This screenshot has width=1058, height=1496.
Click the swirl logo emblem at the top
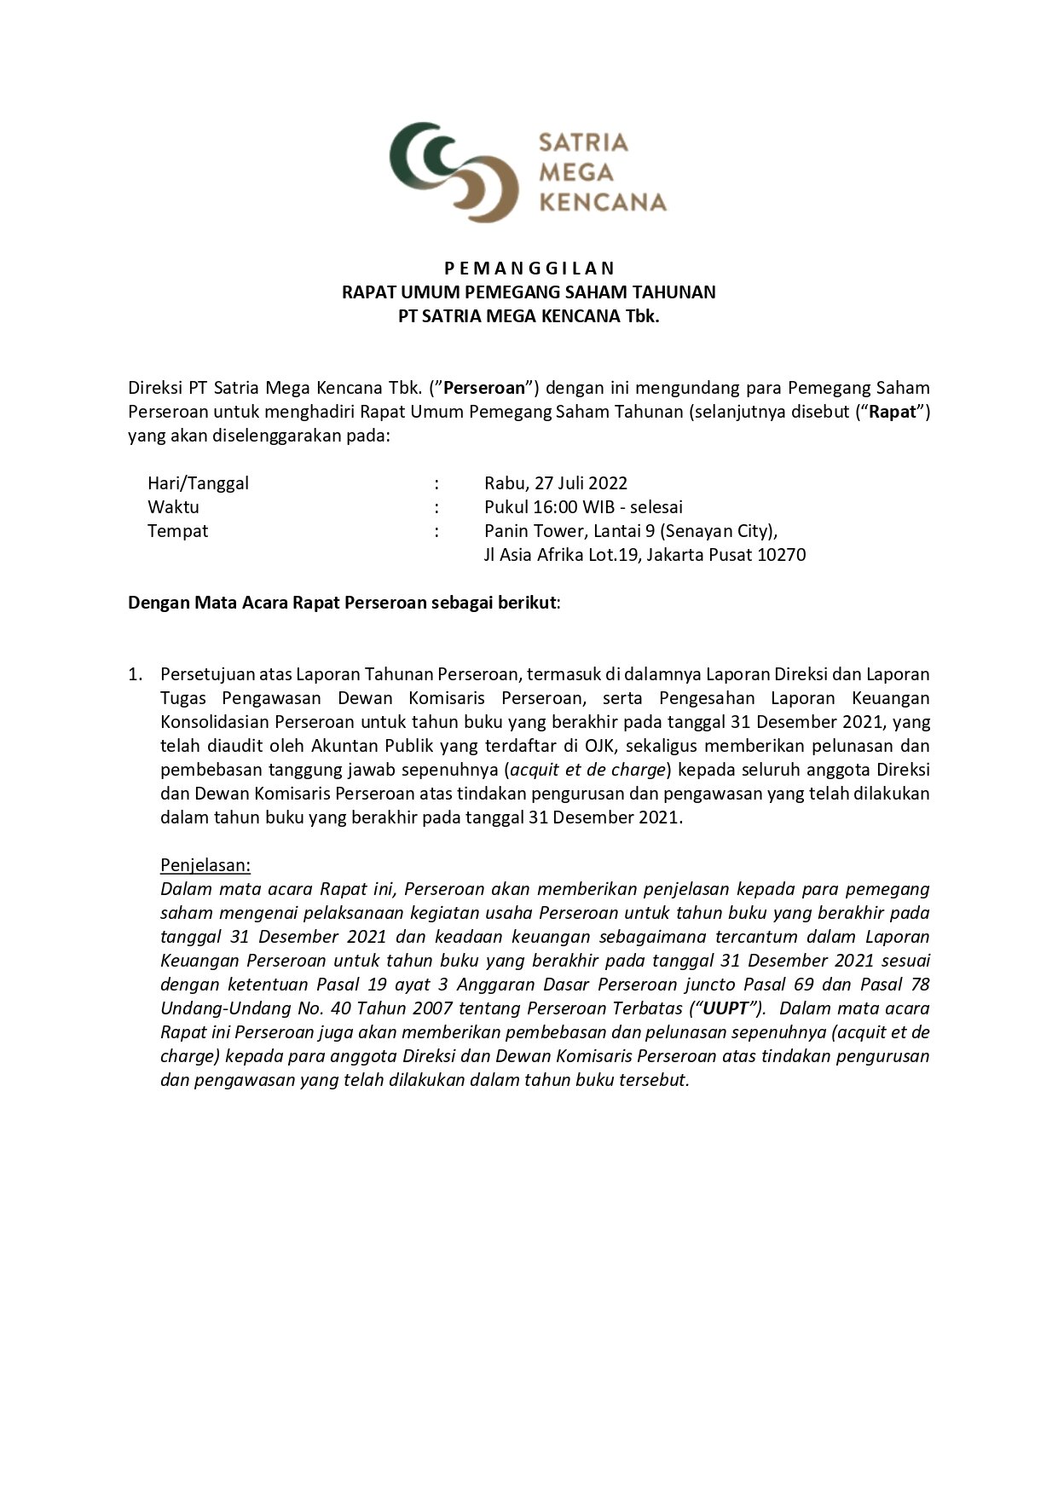click(x=454, y=171)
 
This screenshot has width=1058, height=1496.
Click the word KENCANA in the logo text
click(x=604, y=202)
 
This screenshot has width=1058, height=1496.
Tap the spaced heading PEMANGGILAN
click(x=529, y=269)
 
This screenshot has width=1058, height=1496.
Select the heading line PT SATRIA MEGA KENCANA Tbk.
click(x=529, y=316)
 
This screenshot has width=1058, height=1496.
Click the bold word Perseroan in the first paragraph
click(x=485, y=388)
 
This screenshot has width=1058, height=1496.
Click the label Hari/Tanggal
click(x=198, y=483)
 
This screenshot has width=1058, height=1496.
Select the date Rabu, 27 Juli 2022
click(x=556, y=483)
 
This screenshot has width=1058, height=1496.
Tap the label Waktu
click(x=173, y=507)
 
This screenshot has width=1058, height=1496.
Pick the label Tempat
click(x=177, y=531)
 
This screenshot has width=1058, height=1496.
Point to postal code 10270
click(x=782, y=555)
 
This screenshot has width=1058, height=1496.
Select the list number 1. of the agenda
click(x=135, y=674)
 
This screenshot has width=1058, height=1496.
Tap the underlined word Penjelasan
click(x=205, y=865)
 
